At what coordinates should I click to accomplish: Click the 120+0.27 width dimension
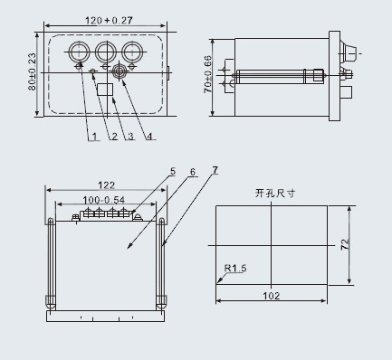109,21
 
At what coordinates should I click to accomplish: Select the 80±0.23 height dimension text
32,71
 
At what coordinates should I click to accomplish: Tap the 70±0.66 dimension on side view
208,74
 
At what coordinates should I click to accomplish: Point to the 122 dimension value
107,185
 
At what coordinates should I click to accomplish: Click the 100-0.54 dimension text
104,200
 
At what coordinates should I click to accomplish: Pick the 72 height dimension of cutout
345,244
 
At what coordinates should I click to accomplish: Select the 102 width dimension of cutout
272,296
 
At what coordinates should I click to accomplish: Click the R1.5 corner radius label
235,268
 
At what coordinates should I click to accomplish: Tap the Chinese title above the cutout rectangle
275,193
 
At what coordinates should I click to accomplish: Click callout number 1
95,137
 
